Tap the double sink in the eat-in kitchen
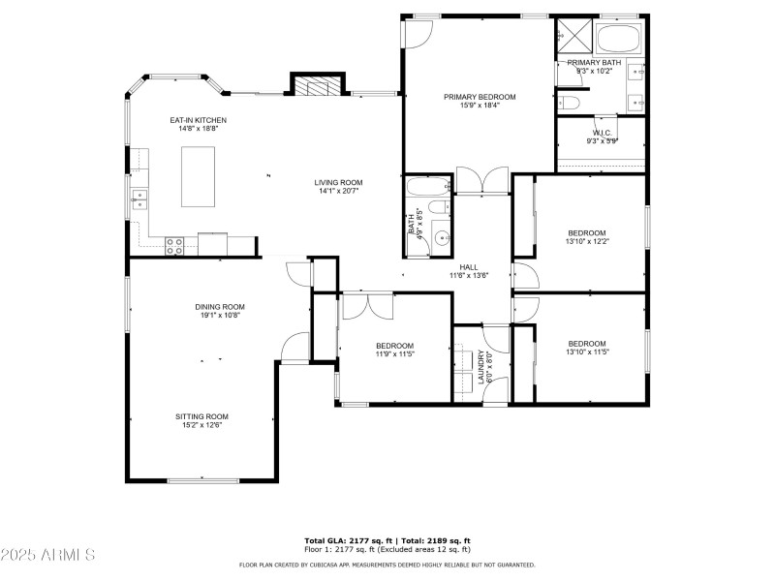pyautogui.click(x=139, y=199)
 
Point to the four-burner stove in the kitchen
pyautogui.click(x=175, y=246)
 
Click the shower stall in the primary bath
pyautogui.click(x=573, y=38)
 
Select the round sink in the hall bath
pyautogui.click(x=441, y=236)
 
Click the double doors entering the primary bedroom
pyautogui.click(x=481, y=180)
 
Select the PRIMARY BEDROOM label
pyautogui.click(x=480, y=97)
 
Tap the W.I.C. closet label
pyautogui.click(x=602, y=133)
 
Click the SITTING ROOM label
pyautogui.click(x=201, y=416)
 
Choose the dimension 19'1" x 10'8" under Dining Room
pyautogui.click(x=220, y=315)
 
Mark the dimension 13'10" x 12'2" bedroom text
pyautogui.click(x=587, y=241)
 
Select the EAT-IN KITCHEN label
pyautogui.click(x=198, y=120)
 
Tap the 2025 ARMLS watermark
pyautogui.click(x=48, y=555)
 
